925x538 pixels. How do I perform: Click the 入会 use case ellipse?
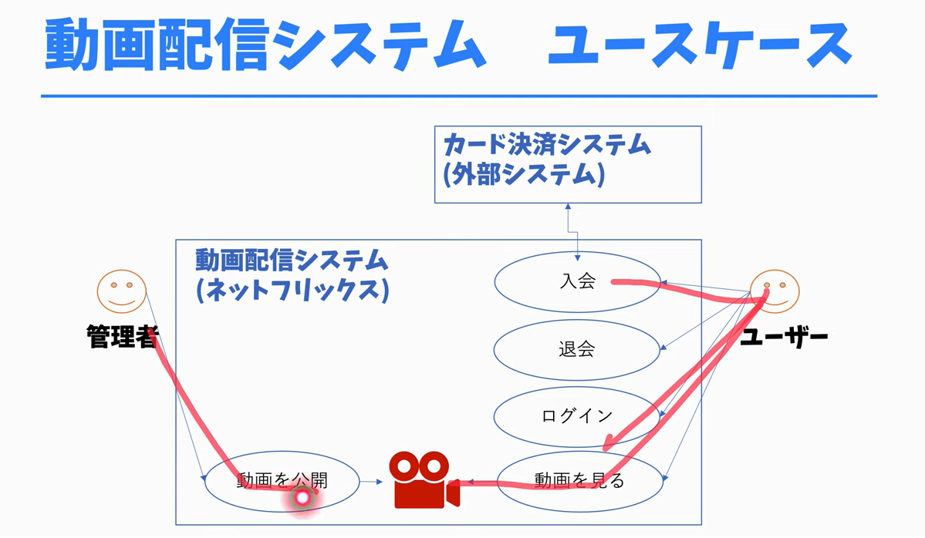pyautogui.click(x=577, y=281)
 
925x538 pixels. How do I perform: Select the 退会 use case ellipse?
pyautogui.click(x=577, y=349)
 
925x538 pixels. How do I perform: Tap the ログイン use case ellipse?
pyautogui.click(x=577, y=416)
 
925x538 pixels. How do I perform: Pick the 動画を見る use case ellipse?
pyautogui.click(x=579, y=481)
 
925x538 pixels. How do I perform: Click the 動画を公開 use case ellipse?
pyautogui.click(x=282, y=481)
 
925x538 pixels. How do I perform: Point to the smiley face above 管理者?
pyautogui.click(x=120, y=290)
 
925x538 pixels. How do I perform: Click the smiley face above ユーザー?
pyautogui.click(x=775, y=291)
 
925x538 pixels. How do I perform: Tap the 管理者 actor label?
pyautogui.click(x=123, y=337)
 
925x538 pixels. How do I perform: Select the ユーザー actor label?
pyautogui.click(x=783, y=337)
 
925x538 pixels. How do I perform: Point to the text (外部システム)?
pyautogui.click(x=524, y=175)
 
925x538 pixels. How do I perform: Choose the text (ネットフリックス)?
pyautogui.click(x=292, y=291)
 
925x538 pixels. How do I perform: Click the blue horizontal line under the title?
pyautogui.click(x=459, y=96)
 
